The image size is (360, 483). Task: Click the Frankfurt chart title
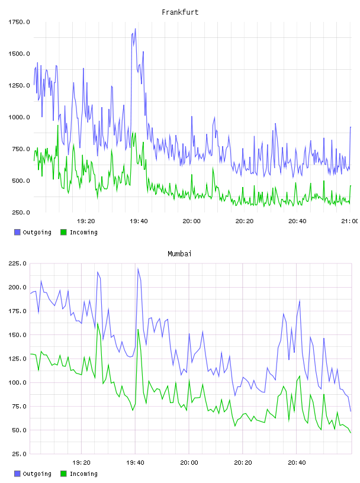pyautogui.click(x=180, y=12)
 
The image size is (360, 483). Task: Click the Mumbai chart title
pyautogui.click(x=179, y=254)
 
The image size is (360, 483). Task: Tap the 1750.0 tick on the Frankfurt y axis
pyautogui.click(x=19, y=22)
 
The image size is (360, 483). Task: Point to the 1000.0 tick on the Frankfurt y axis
pyautogui.click(x=19, y=117)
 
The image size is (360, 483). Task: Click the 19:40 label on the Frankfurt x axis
pyautogui.click(x=139, y=221)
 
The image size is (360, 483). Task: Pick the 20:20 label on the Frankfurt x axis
pyautogui.click(x=245, y=221)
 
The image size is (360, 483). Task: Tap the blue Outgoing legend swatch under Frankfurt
pyautogui.click(x=17, y=232)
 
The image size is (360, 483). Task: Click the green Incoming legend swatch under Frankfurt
pyautogui.click(x=63, y=232)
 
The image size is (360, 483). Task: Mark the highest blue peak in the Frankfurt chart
pyautogui.click(x=135, y=29)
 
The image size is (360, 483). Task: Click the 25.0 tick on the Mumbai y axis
pyautogui.click(x=19, y=454)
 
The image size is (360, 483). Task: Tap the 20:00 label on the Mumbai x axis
pyautogui.click(x=189, y=463)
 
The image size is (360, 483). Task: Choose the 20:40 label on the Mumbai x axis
pyautogui.click(x=297, y=463)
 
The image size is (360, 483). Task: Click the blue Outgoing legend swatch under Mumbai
pyautogui.click(x=17, y=474)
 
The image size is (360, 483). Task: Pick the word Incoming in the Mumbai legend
pyautogui.click(x=83, y=474)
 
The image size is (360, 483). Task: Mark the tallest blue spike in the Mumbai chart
pyautogui.click(x=138, y=269)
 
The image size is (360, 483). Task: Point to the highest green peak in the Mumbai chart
pyautogui.click(x=97, y=323)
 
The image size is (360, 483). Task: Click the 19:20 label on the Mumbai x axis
pyautogui.click(x=81, y=463)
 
